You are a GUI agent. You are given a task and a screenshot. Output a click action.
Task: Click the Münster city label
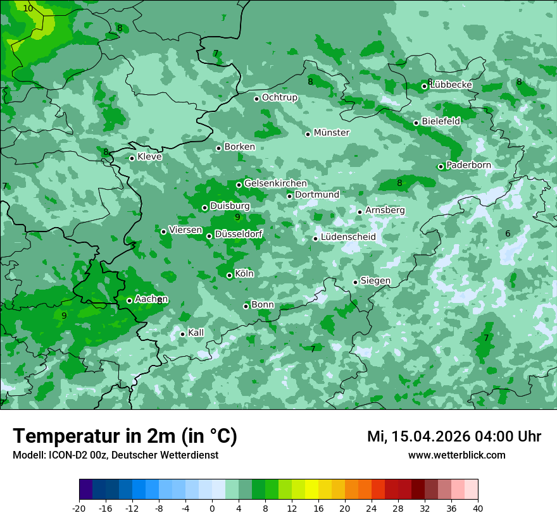[331, 133]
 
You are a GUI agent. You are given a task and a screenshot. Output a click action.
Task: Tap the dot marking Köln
[229, 275]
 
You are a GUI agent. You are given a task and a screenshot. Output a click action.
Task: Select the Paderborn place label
[468, 165]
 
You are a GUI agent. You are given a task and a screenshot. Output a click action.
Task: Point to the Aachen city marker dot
[129, 300]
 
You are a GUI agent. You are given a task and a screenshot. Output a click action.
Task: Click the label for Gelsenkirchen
[275, 183]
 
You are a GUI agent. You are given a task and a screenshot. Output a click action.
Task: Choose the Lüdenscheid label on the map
[348, 237]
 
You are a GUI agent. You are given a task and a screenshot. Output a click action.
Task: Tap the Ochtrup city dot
[256, 98]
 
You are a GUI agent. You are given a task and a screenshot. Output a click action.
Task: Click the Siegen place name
[375, 281]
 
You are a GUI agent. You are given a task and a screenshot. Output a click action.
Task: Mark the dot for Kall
[182, 334]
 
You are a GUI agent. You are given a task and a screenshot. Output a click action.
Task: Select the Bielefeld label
[441, 121]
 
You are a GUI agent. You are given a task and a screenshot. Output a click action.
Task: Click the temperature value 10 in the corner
[28, 8]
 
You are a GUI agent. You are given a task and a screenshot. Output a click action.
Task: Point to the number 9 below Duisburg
[237, 217]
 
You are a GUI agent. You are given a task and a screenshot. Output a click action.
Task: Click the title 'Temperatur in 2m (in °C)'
[125, 436]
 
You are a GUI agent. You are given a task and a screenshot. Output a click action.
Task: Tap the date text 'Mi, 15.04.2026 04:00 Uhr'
[454, 436]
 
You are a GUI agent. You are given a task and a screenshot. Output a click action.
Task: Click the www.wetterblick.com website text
[456, 455]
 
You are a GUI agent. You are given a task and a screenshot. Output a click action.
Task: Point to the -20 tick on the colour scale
[79, 508]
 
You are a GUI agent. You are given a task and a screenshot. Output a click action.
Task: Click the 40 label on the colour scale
[477, 508]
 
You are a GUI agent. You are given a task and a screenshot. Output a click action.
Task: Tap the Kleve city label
[149, 157]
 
